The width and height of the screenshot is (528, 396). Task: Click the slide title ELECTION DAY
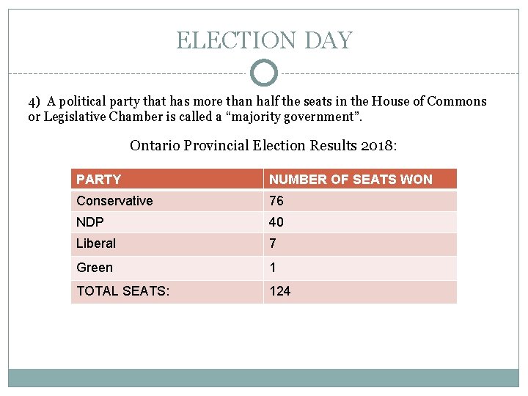[264, 40]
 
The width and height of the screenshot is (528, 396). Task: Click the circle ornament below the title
[264, 73]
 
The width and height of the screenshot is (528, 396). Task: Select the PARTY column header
[99, 180]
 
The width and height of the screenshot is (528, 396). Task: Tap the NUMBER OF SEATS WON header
[351, 180]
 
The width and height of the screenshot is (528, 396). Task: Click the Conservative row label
[114, 201]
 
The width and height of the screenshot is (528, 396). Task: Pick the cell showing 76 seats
[276, 201]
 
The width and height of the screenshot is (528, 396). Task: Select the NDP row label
[90, 222]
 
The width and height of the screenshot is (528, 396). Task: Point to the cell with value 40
[276, 222]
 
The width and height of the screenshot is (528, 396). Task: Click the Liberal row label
[96, 243]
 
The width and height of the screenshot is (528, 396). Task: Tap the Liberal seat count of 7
[273, 243]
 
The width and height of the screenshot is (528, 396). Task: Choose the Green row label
[95, 268]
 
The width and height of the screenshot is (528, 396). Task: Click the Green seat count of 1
[273, 268]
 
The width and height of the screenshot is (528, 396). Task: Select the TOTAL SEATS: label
[123, 291]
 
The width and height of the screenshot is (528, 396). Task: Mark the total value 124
[280, 291]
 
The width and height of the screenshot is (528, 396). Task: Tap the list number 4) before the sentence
[35, 102]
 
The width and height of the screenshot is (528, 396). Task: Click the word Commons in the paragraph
[458, 102]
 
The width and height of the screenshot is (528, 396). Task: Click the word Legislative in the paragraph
[79, 117]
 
